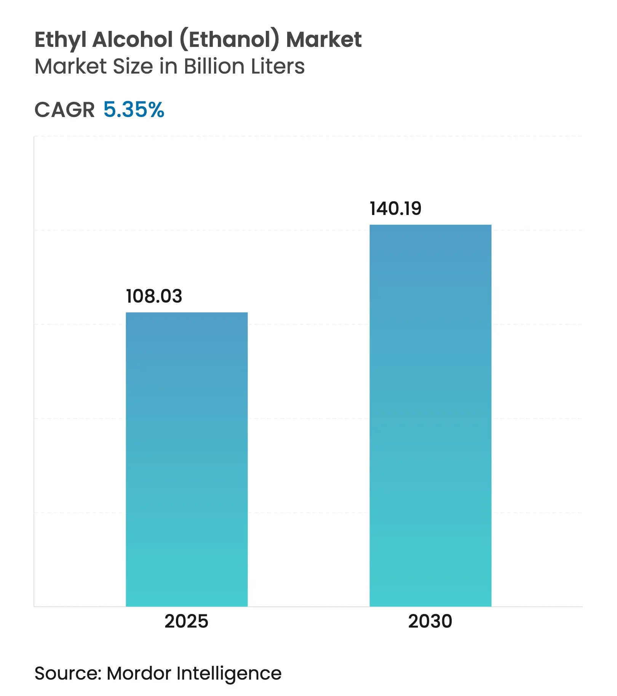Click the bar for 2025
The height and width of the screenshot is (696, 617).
187,459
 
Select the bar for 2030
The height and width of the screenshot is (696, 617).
430,415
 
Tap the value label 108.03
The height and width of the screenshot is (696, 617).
154,296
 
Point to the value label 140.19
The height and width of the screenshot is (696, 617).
395,208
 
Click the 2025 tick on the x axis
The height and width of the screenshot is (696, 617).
186,621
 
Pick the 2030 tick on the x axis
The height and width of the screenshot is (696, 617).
430,621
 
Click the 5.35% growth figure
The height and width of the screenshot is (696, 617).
134,110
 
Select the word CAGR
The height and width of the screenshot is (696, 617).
64,110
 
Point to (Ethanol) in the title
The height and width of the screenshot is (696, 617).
229,40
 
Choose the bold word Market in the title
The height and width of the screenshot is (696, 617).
324,39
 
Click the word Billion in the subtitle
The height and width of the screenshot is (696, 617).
214,66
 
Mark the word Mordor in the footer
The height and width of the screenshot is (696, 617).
139,673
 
